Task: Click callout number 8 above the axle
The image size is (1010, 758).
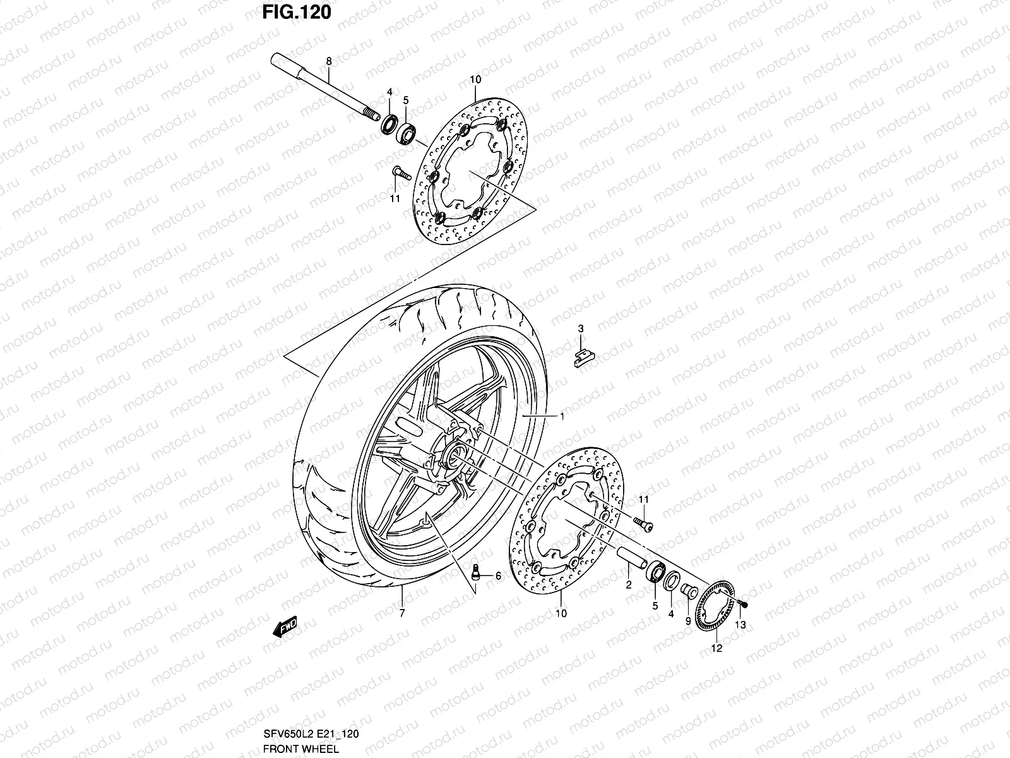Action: tap(328, 61)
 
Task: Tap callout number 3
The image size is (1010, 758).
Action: tap(581, 328)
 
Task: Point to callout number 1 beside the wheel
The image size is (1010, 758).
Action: tap(562, 416)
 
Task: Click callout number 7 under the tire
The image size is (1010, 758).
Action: tap(402, 613)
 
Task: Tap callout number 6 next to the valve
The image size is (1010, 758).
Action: tap(498, 576)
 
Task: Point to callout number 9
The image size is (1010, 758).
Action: tap(687, 620)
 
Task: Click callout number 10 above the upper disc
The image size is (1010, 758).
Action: tap(475, 79)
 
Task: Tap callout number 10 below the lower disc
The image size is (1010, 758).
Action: tap(561, 613)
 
